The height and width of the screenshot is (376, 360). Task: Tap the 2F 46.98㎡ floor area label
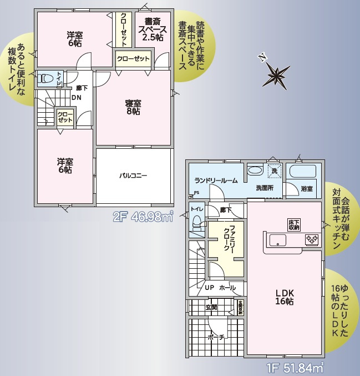click(x=143, y=217)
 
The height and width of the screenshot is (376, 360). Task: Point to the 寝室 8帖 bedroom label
click(x=133, y=107)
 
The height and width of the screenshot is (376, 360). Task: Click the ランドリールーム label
click(x=216, y=181)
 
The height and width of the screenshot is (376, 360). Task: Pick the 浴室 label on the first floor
click(x=307, y=189)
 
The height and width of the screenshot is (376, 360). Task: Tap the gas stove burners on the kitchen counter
click(x=312, y=240)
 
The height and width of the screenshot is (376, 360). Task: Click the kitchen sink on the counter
click(x=277, y=240)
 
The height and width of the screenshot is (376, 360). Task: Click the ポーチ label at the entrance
click(x=216, y=337)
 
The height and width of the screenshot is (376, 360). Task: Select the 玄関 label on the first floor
click(x=211, y=307)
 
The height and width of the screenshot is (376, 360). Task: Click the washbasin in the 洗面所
click(x=255, y=171)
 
